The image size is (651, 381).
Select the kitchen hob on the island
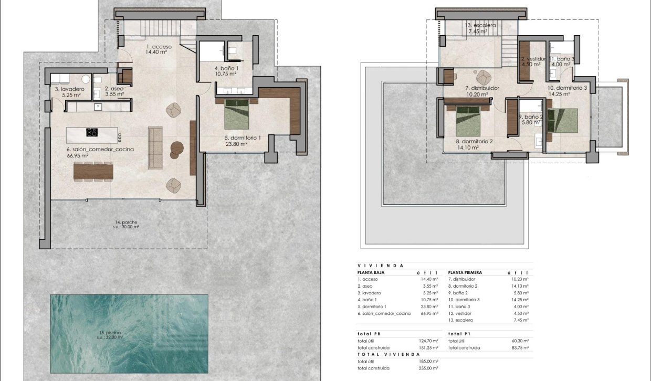92,132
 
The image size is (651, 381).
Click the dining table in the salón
93,171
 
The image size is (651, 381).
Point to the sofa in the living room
155,148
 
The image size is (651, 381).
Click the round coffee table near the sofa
176,149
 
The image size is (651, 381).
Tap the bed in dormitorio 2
467,121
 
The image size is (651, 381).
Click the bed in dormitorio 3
563,120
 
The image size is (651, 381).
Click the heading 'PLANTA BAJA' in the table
372,273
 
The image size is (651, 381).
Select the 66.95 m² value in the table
428,313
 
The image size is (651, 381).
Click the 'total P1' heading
459,334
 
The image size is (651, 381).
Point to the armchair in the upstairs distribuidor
482,76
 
